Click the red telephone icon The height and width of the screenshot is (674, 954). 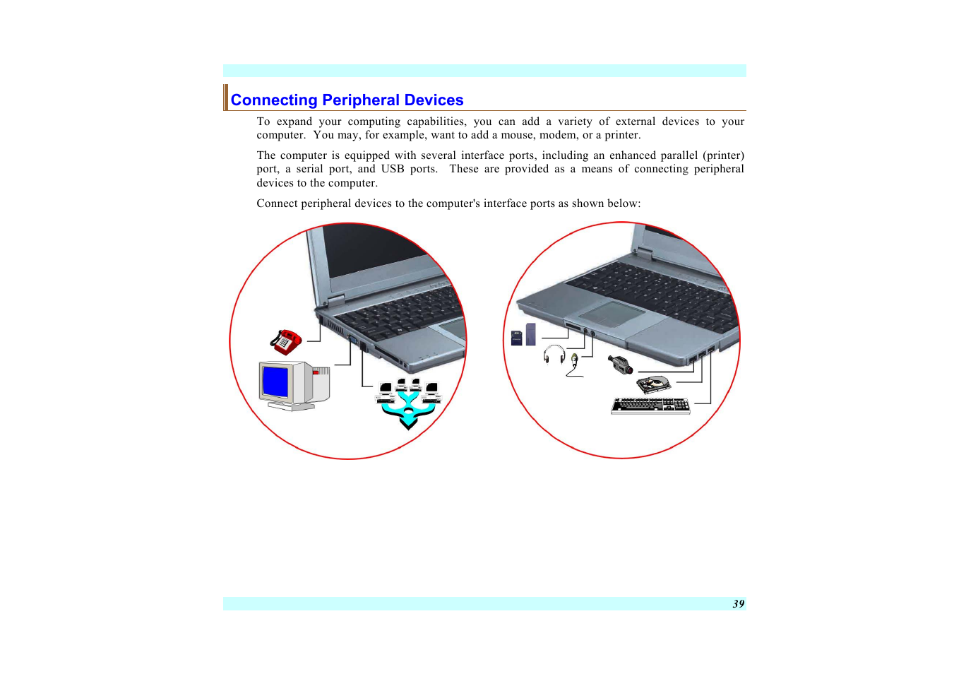tap(285, 342)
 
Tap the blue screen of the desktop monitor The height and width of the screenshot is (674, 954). tap(275, 383)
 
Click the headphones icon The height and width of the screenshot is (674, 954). tap(554, 353)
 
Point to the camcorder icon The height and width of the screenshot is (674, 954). tap(620, 365)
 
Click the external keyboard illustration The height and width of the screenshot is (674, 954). tap(650, 406)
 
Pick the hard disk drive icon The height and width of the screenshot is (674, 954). tap(653, 384)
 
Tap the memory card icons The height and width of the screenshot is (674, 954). tap(523, 336)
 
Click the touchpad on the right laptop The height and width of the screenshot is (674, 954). tap(612, 313)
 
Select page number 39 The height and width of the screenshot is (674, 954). tap(738, 604)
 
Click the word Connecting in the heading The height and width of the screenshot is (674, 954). tap(274, 100)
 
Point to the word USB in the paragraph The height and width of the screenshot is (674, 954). tap(393, 169)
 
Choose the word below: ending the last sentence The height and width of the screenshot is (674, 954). tap(624, 203)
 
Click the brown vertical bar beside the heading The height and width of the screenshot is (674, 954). tap(226, 97)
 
